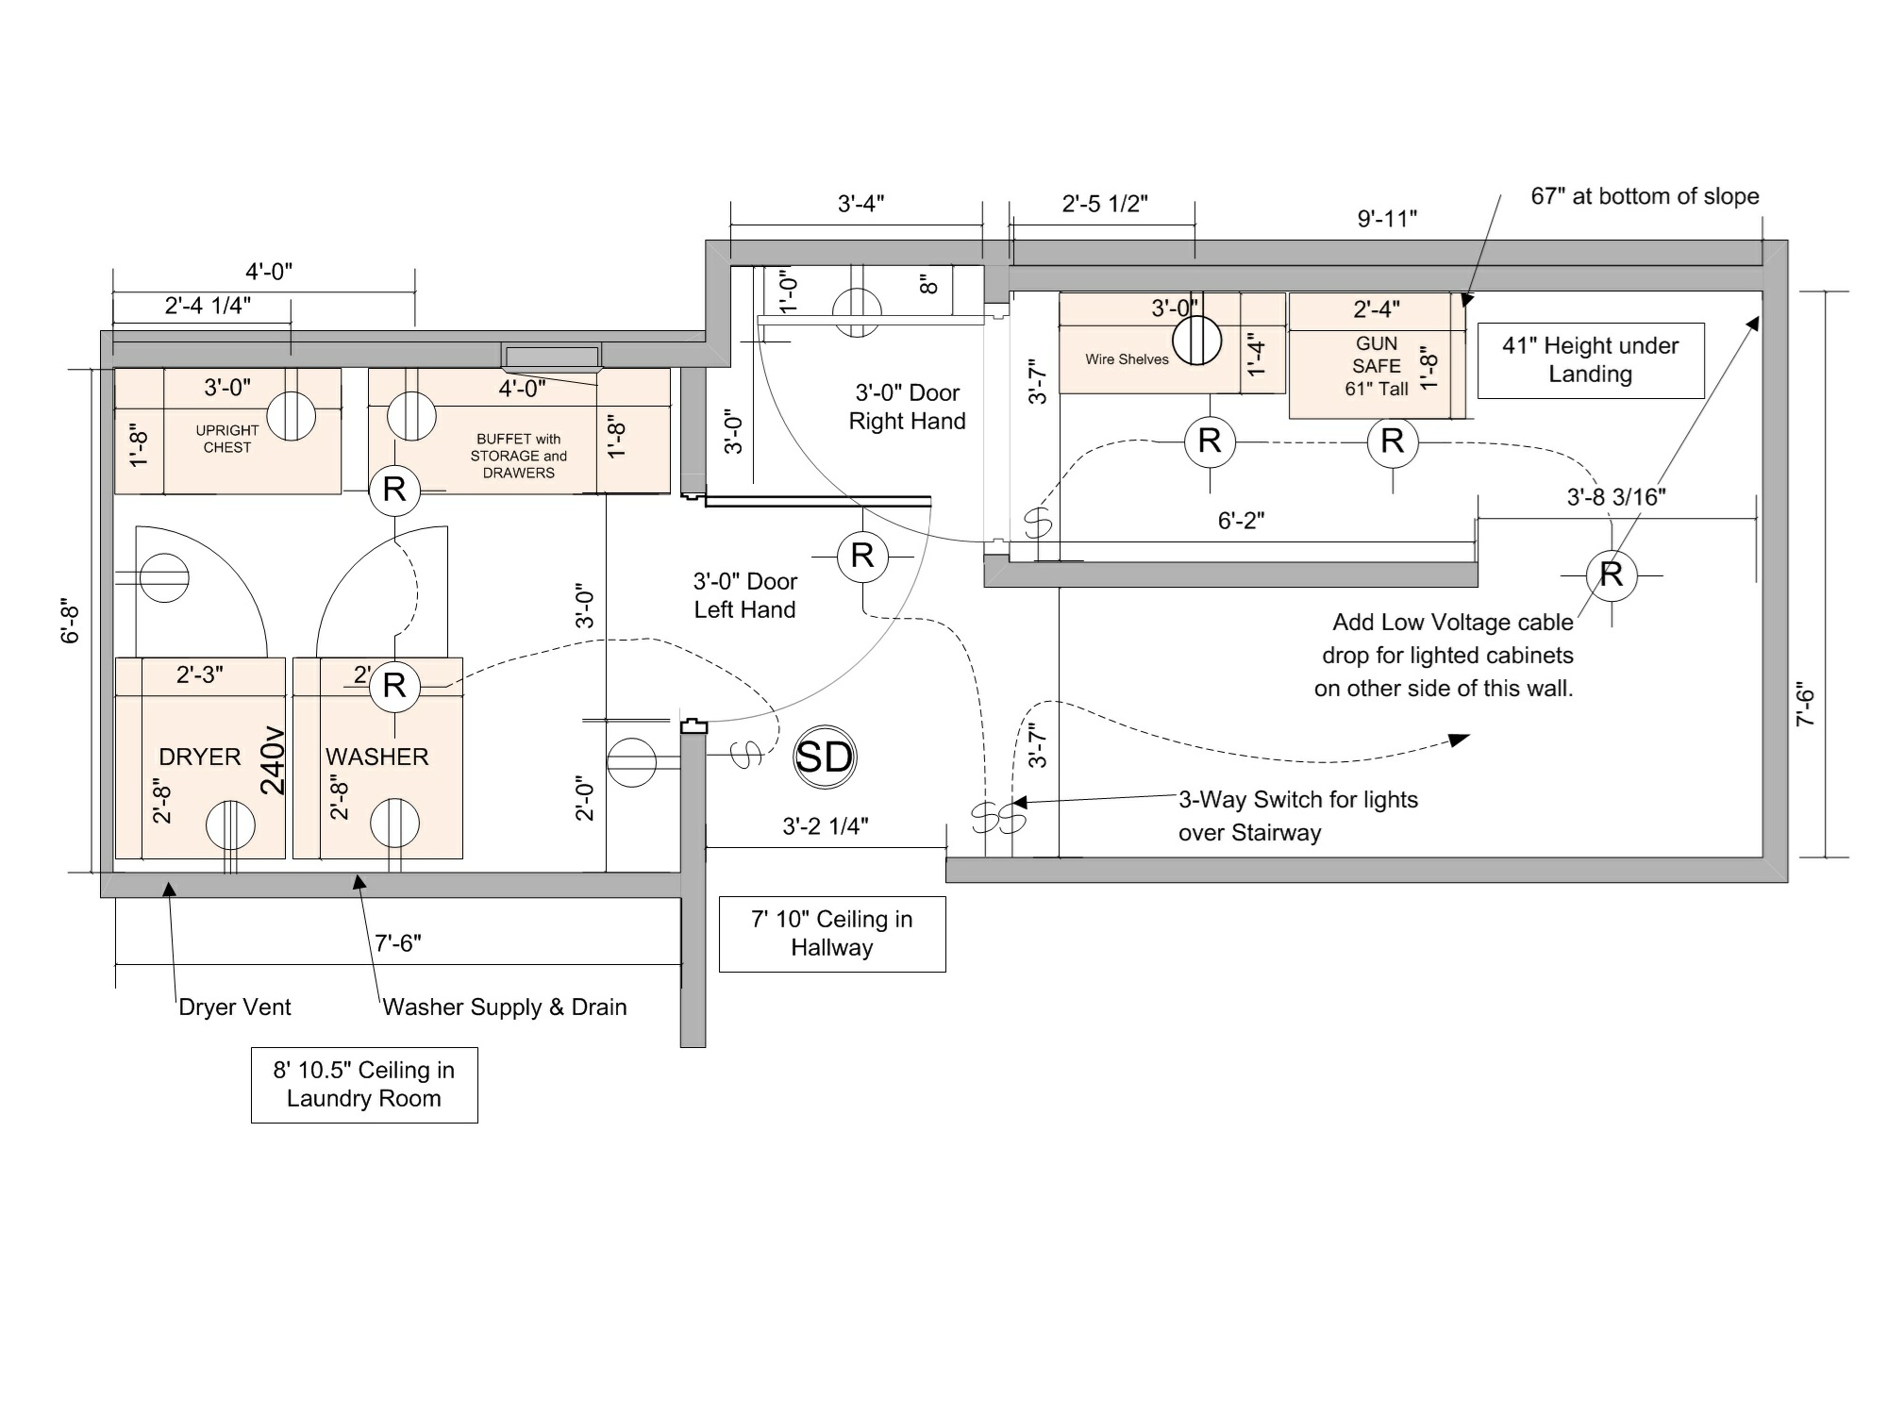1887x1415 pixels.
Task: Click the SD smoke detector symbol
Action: pyautogui.click(x=825, y=757)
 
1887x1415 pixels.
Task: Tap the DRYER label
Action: pyautogui.click(x=199, y=757)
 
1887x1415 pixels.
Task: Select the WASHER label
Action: pyautogui.click(x=376, y=757)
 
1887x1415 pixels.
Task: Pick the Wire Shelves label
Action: pyautogui.click(x=1127, y=359)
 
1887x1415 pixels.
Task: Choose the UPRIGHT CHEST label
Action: pyautogui.click(x=227, y=439)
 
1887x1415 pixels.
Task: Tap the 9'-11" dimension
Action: pyautogui.click(x=1387, y=219)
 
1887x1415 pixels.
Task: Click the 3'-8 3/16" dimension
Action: pyautogui.click(x=1616, y=497)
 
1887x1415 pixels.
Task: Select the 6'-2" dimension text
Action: pyautogui.click(x=1241, y=521)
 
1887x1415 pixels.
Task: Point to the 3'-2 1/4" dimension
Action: pyautogui.click(x=826, y=826)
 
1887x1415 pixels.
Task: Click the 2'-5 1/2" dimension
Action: pyautogui.click(x=1105, y=204)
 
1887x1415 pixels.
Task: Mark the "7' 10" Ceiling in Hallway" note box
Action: pyautogui.click(x=832, y=934)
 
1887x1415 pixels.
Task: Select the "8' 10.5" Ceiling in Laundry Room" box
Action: pyautogui.click(x=364, y=1085)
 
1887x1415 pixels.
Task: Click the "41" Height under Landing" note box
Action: pyautogui.click(x=1591, y=360)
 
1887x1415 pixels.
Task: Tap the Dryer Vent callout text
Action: pyautogui.click(x=235, y=1007)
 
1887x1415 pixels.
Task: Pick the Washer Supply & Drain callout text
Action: pyautogui.click(x=505, y=1007)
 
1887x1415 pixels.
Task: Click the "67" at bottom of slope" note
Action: pyautogui.click(x=1645, y=196)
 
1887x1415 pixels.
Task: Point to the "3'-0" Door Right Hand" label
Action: pyautogui.click(x=908, y=407)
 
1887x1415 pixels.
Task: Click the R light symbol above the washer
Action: pyautogui.click(x=394, y=685)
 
